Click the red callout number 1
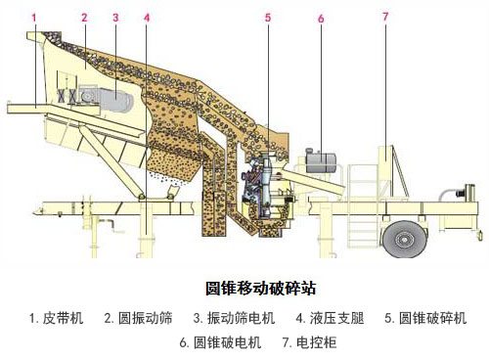tap(34, 18)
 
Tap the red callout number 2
tap(84, 18)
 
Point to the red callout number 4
tap(147, 18)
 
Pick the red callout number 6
tap(321, 18)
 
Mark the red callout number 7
tap(384, 17)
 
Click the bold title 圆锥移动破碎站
tap(260, 289)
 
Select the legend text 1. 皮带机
tap(57, 318)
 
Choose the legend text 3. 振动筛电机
tap(235, 318)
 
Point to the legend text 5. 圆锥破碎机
tap(425, 318)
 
